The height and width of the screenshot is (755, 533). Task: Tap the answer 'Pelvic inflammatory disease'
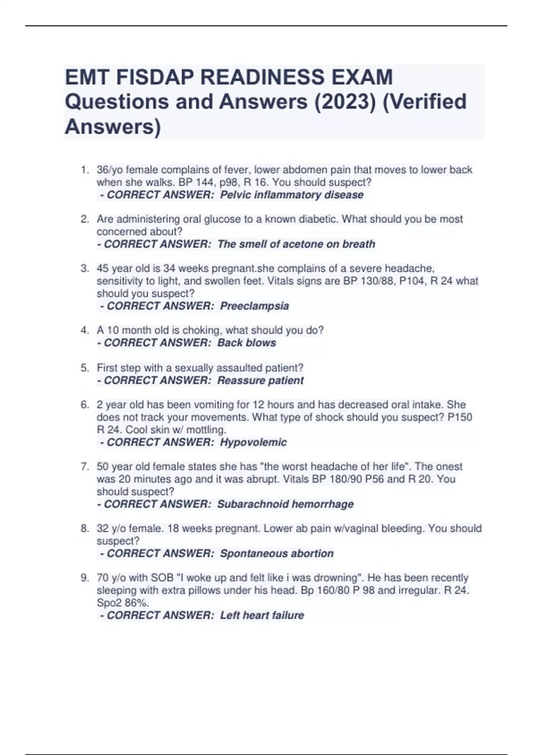[x=291, y=195]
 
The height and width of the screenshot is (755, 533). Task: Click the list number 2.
[x=85, y=219]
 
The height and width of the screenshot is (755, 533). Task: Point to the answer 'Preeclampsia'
[x=254, y=306]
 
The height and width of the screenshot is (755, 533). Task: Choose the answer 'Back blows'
[x=247, y=343]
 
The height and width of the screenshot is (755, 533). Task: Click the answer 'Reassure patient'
[x=260, y=381]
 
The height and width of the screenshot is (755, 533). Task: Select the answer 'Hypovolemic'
[x=253, y=442]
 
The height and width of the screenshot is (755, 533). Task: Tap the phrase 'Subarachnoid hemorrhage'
[x=285, y=504]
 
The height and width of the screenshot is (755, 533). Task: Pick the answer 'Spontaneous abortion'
[x=276, y=553]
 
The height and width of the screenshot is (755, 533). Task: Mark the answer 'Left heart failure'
[x=262, y=615]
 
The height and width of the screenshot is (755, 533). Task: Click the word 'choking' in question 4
[x=203, y=330]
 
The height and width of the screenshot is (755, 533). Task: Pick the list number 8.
[x=85, y=528]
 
